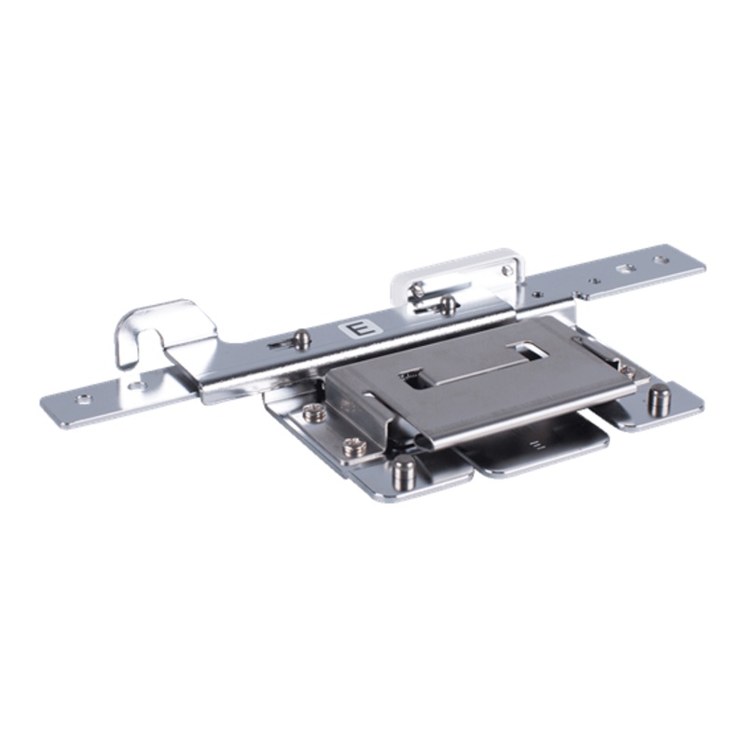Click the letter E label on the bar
355,329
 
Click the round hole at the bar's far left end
83,398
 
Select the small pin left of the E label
301,338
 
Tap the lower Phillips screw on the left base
352,448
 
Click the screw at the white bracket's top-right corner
506,271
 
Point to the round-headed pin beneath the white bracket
449,303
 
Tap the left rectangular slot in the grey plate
415,380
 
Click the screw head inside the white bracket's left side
419,291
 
